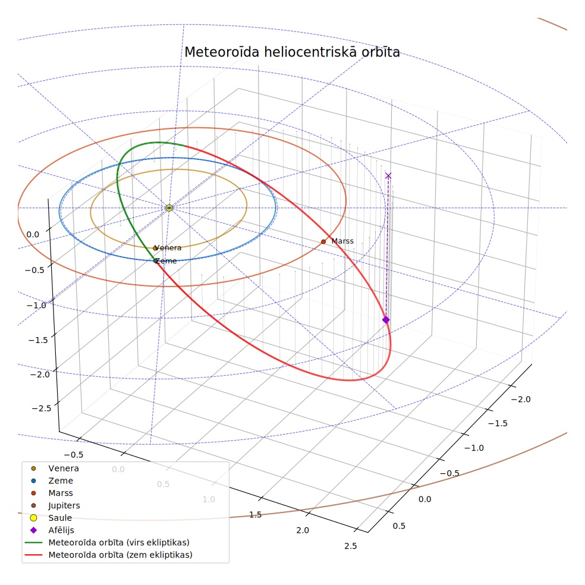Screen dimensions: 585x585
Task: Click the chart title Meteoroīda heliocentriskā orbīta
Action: coord(292,52)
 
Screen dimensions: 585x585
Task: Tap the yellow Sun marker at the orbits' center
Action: coord(169,208)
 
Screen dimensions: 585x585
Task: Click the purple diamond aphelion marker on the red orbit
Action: coord(386,320)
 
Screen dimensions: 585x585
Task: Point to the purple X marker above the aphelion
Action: coord(388,176)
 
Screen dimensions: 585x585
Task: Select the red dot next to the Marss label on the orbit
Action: coord(323,242)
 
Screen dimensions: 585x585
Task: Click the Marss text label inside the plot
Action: coord(342,241)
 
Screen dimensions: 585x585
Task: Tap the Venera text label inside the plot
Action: coord(168,248)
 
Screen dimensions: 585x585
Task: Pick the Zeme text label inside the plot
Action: coord(166,261)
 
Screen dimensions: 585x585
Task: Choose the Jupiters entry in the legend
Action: coord(64,505)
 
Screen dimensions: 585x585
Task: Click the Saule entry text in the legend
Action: coord(60,518)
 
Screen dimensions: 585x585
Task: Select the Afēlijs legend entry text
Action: coord(61,530)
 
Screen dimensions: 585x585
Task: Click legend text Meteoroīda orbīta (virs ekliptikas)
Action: coord(119,542)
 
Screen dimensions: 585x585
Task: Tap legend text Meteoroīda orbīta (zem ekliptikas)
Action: coord(121,555)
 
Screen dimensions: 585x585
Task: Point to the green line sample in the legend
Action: coord(33,542)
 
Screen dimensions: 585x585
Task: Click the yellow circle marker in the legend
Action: coord(33,518)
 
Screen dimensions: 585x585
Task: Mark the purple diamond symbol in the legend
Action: coord(33,530)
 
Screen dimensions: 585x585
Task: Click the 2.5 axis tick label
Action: coord(351,546)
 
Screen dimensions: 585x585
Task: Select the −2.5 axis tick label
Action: coord(42,408)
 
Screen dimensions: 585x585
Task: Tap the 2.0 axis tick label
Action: coord(303,530)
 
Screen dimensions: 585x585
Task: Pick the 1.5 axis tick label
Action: coord(255,515)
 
